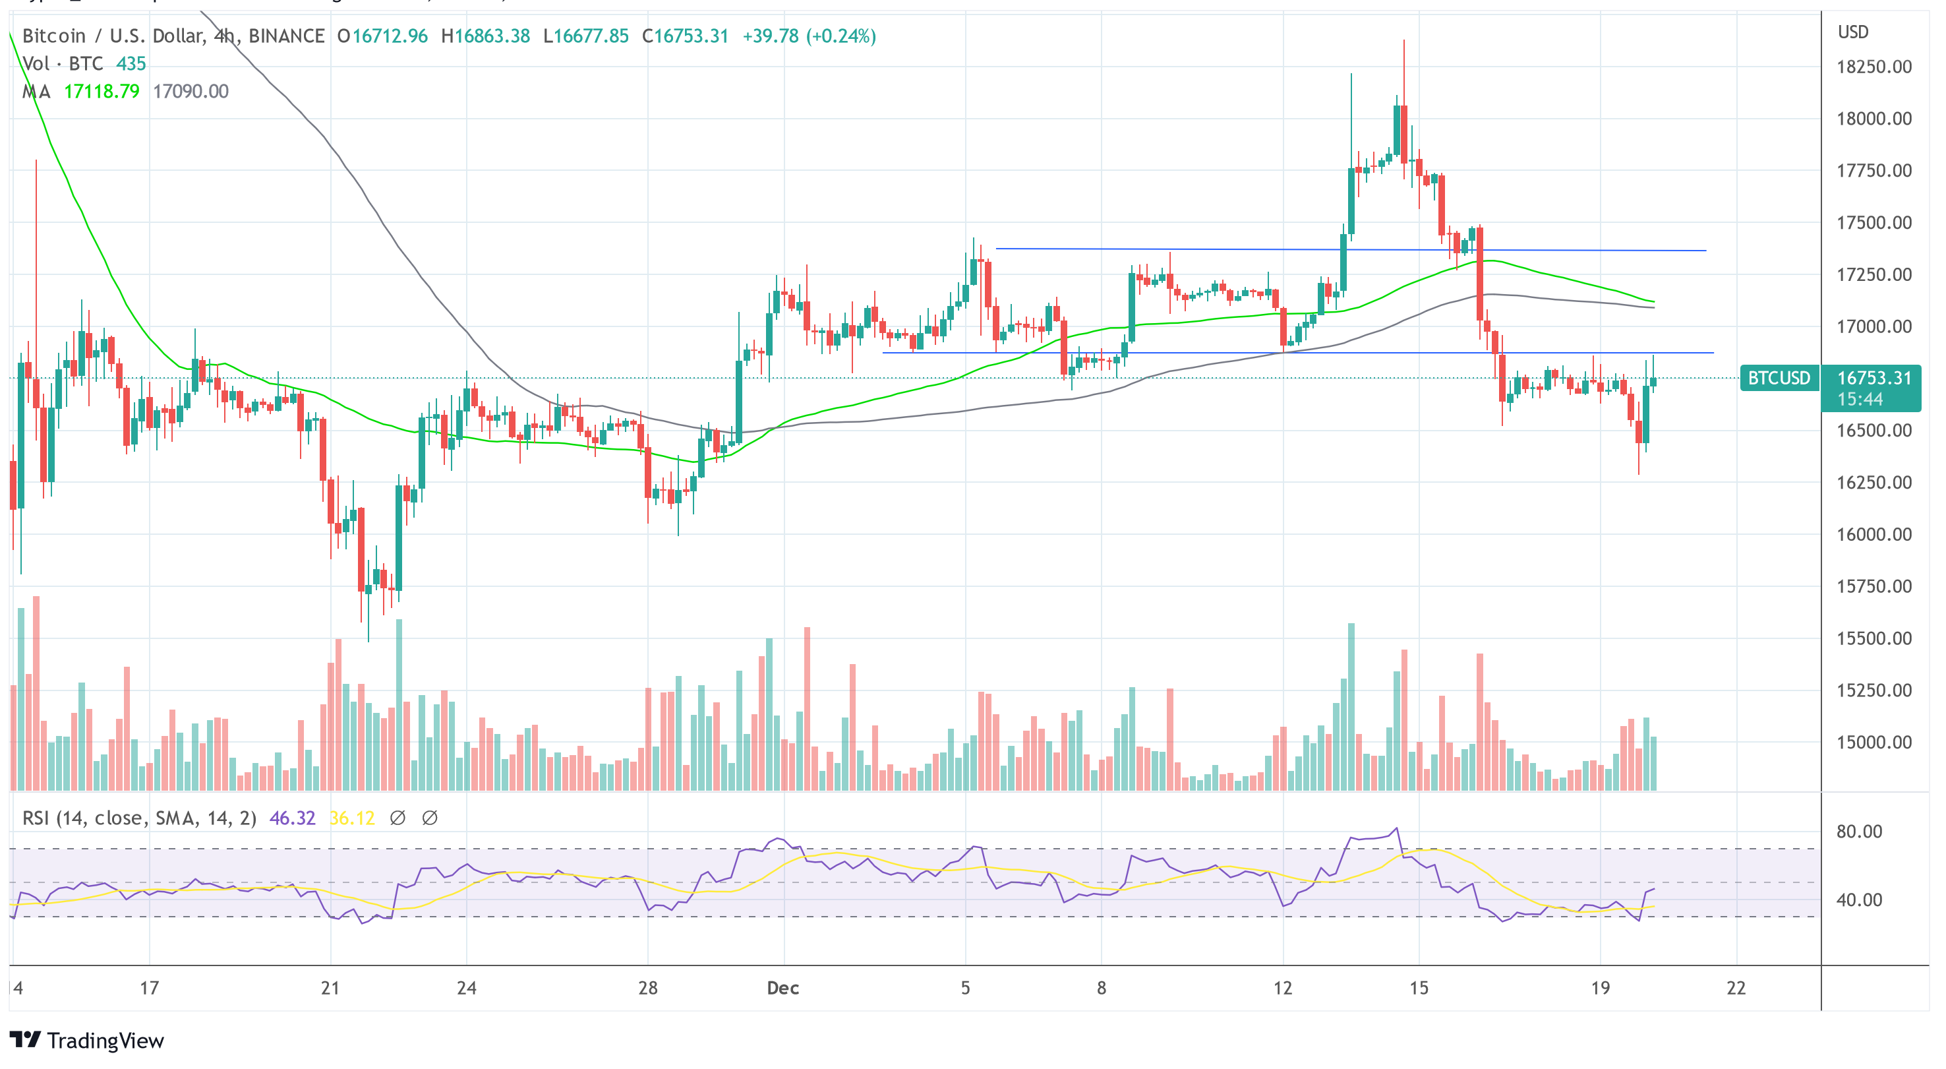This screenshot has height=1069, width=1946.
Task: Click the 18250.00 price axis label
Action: point(1873,67)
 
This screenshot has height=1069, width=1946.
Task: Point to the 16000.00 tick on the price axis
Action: point(1873,534)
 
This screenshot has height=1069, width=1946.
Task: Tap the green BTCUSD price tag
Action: point(1779,378)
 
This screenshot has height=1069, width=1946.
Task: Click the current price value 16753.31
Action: point(1873,378)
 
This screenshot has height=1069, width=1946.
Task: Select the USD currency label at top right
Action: point(1852,32)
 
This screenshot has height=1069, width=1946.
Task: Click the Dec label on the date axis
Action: point(782,987)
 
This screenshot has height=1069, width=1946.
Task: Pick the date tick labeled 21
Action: point(330,987)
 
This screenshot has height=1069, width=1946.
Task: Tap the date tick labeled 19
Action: point(1600,987)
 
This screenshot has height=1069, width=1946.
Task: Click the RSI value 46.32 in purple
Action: point(291,818)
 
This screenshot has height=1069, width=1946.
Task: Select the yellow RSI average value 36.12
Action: point(352,818)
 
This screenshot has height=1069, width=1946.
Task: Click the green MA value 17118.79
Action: point(102,92)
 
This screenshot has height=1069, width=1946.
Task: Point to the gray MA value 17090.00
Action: point(191,92)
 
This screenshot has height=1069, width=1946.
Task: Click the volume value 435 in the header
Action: point(131,63)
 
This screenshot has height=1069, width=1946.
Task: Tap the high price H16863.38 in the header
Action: point(485,36)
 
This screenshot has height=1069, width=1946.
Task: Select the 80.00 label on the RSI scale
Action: point(1859,832)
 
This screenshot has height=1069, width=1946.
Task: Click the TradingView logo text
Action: point(105,1041)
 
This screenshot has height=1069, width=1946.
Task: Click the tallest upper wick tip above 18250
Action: point(1403,41)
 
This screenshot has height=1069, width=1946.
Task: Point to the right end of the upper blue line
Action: point(1705,250)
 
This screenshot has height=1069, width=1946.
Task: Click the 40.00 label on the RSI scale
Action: point(1859,900)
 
